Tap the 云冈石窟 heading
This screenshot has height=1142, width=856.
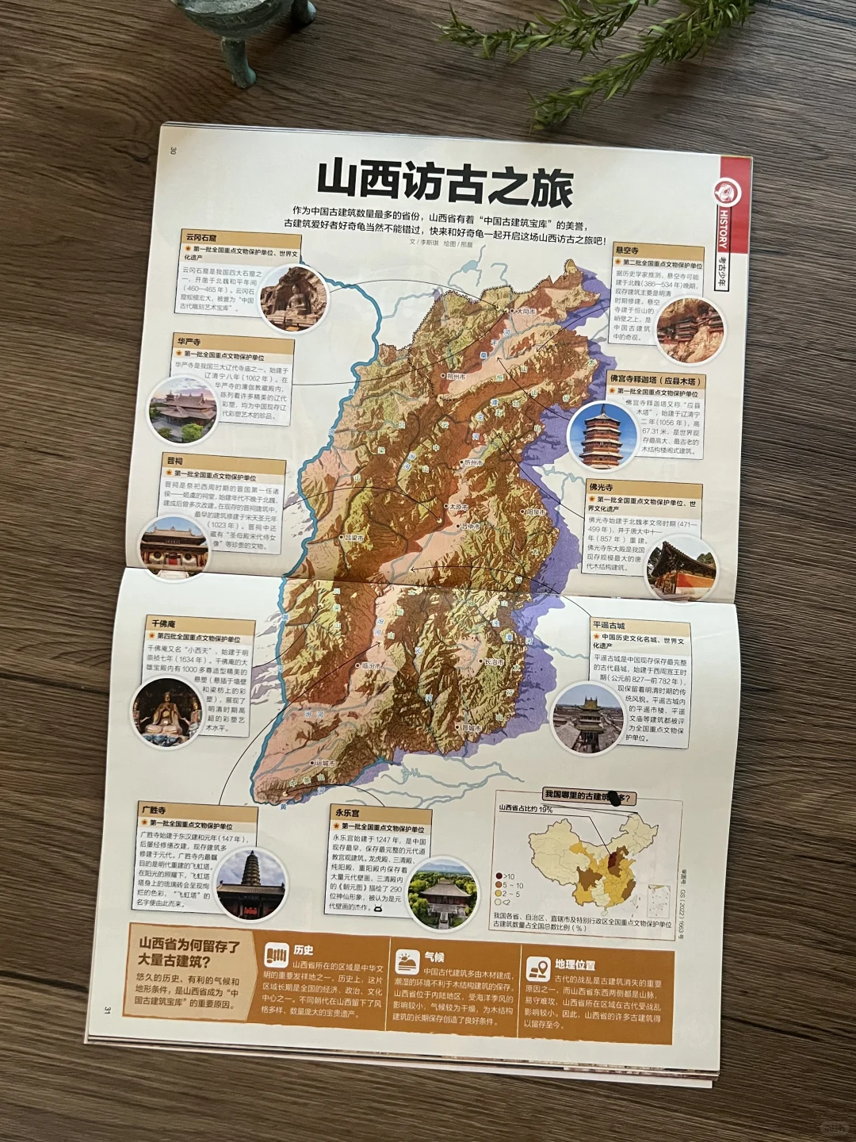(201, 237)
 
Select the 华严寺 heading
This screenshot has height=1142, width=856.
(189, 342)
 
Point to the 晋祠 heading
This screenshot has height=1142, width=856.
(174, 461)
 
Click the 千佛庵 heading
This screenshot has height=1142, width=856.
(163, 624)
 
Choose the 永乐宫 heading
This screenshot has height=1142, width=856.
(346, 813)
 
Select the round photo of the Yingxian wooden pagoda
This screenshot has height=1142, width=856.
(602, 435)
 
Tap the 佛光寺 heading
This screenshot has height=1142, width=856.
(601, 487)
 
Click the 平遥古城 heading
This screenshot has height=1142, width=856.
(609, 626)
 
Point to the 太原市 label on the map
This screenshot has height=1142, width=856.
(457, 506)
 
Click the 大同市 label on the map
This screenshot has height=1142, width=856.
(525, 312)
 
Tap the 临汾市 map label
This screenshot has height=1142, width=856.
(370, 666)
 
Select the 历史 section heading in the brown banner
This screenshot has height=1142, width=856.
(303, 950)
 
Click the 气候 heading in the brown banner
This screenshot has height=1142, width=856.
(434, 957)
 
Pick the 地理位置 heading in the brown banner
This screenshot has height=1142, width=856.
(575, 965)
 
